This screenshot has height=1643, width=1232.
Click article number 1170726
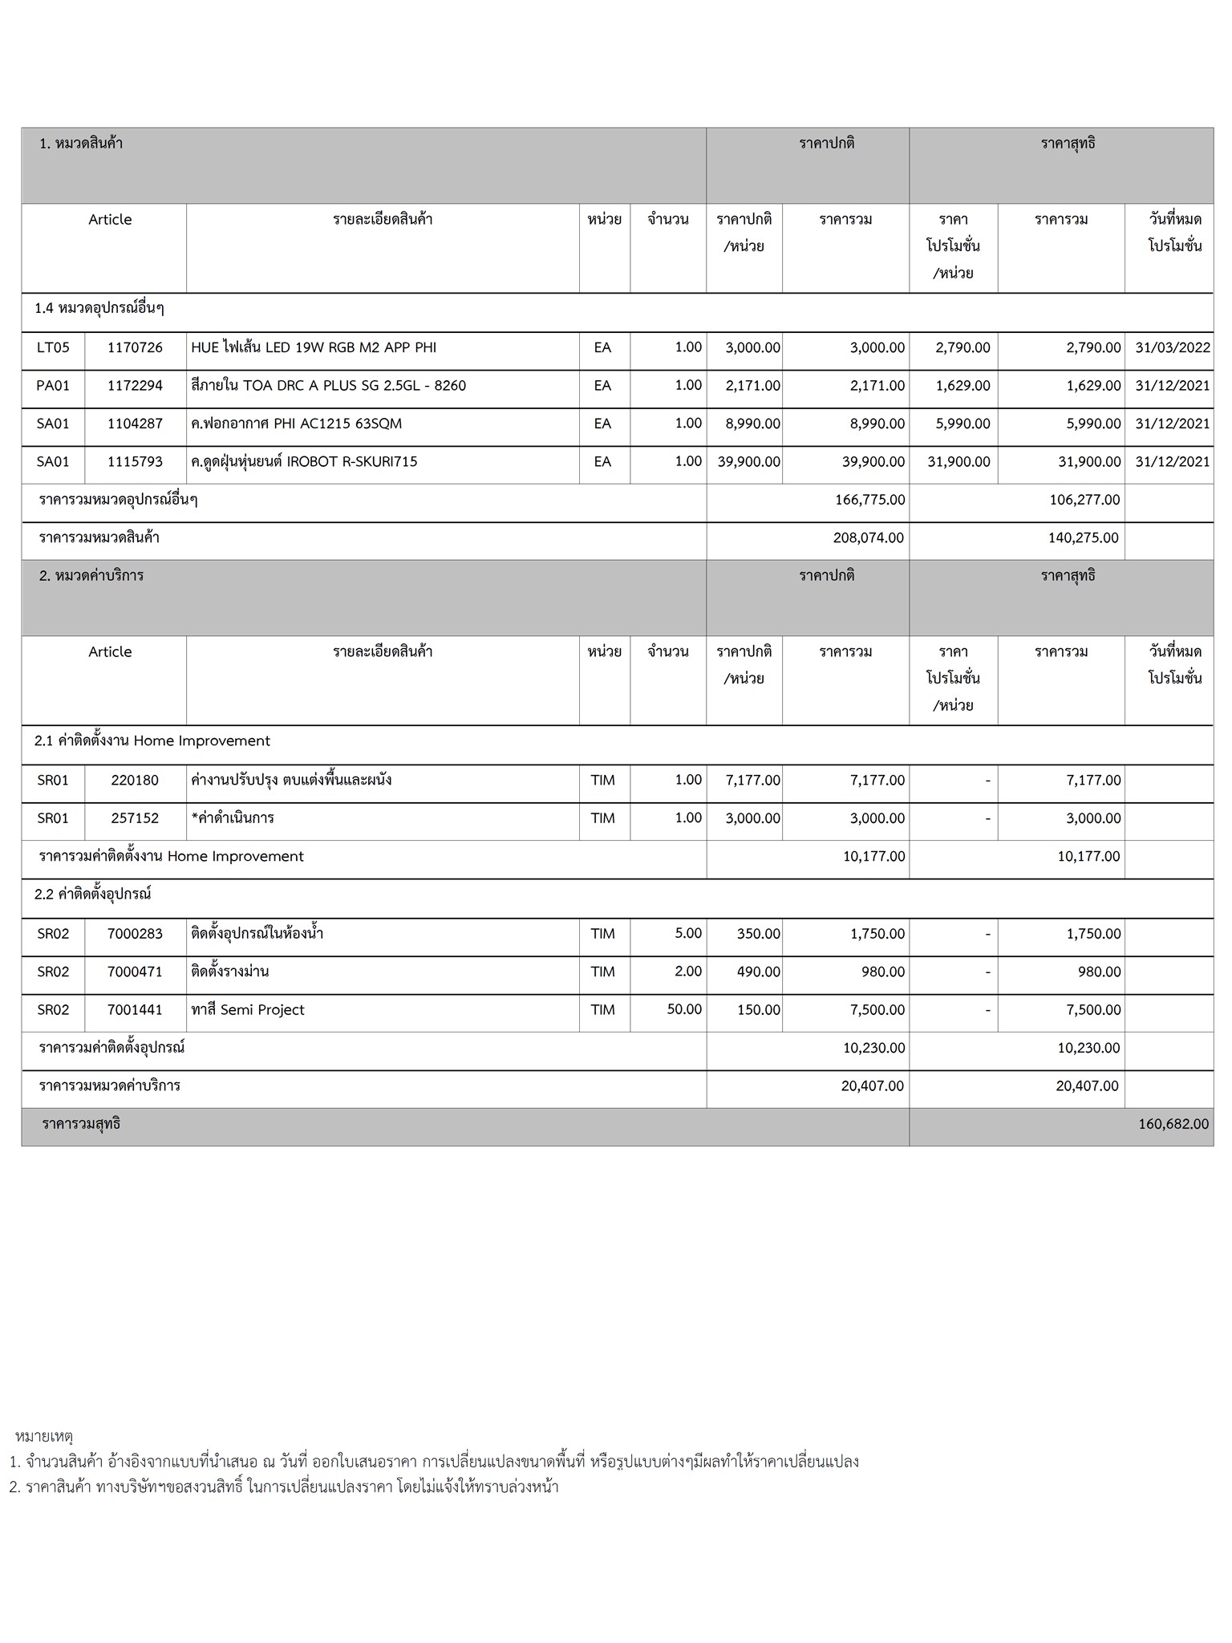[x=135, y=347]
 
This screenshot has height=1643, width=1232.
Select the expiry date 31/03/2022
[x=1173, y=347]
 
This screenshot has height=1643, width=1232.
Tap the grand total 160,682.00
[x=1173, y=1124]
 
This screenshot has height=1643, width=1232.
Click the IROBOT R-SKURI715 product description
[x=305, y=462]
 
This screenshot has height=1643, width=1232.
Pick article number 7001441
[x=135, y=1010]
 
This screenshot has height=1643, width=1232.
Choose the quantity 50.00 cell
[x=684, y=1009]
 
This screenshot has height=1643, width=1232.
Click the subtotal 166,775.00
[x=870, y=500]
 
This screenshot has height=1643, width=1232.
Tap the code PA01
[x=53, y=386]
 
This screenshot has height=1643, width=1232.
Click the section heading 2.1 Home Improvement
[x=152, y=741]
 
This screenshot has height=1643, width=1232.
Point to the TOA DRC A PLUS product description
[x=329, y=386]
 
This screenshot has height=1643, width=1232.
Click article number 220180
[x=135, y=780]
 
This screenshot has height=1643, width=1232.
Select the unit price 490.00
[x=758, y=972]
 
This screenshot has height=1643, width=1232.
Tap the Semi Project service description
[x=248, y=1010]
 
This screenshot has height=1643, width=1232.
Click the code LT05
[x=53, y=347]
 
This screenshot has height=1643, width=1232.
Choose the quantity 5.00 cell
[x=688, y=933]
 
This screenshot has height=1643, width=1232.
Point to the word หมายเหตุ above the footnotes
[x=44, y=1435]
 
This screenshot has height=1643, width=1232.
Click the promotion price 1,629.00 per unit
[x=962, y=386]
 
